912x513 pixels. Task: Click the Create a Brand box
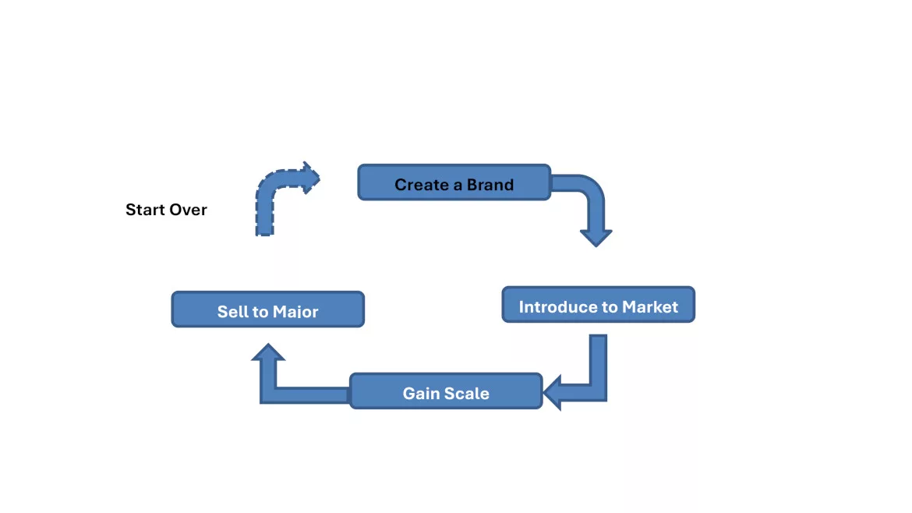(x=454, y=182)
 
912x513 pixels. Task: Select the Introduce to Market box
(x=598, y=305)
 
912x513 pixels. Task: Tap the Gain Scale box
(x=445, y=391)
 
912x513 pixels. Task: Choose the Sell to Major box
(x=267, y=310)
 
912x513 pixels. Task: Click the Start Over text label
(x=166, y=210)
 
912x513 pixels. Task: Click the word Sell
(x=232, y=312)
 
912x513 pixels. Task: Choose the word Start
(x=145, y=210)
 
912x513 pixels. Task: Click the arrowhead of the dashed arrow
(x=311, y=178)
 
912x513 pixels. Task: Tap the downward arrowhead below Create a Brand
(x=596, y=236)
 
